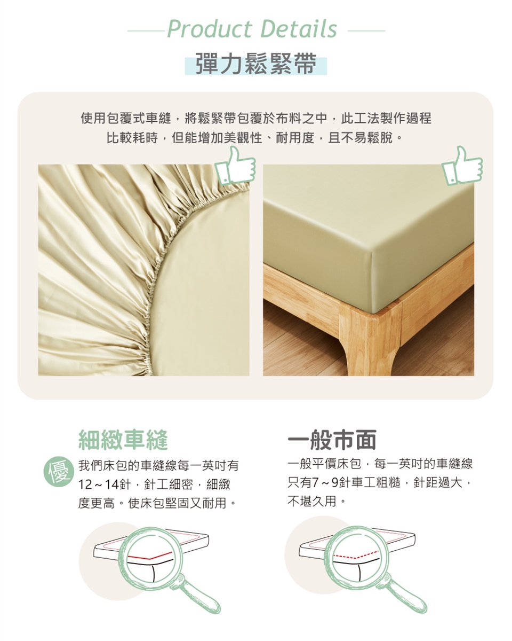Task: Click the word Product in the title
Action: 210,29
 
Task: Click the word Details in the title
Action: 299,29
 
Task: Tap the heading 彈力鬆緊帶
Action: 256,64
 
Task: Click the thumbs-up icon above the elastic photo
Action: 236,165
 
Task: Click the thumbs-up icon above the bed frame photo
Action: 462,165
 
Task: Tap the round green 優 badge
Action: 59,472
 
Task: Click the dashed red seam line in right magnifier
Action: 356,555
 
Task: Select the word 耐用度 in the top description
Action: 295,138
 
